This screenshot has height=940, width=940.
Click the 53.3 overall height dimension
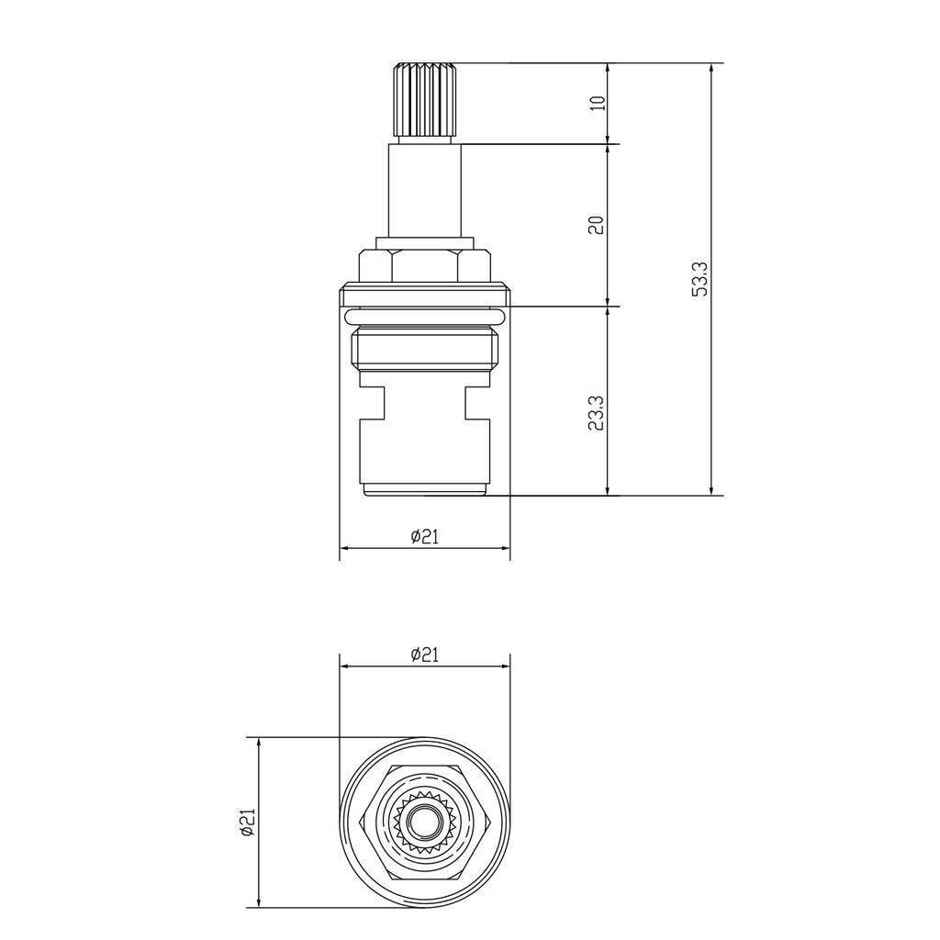(x=699, y=279)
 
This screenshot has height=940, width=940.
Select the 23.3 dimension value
(x=596, y=413)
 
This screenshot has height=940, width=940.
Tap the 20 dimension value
(x=596, y=226)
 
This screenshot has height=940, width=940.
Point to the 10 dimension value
(x=597, y=103)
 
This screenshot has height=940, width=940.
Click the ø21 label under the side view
(x=424, y=537)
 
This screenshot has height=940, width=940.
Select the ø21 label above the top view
(x=424, y=655)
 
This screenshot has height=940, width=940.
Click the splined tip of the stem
(x=424, y=99)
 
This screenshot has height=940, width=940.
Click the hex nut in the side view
(x=424, y=264)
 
